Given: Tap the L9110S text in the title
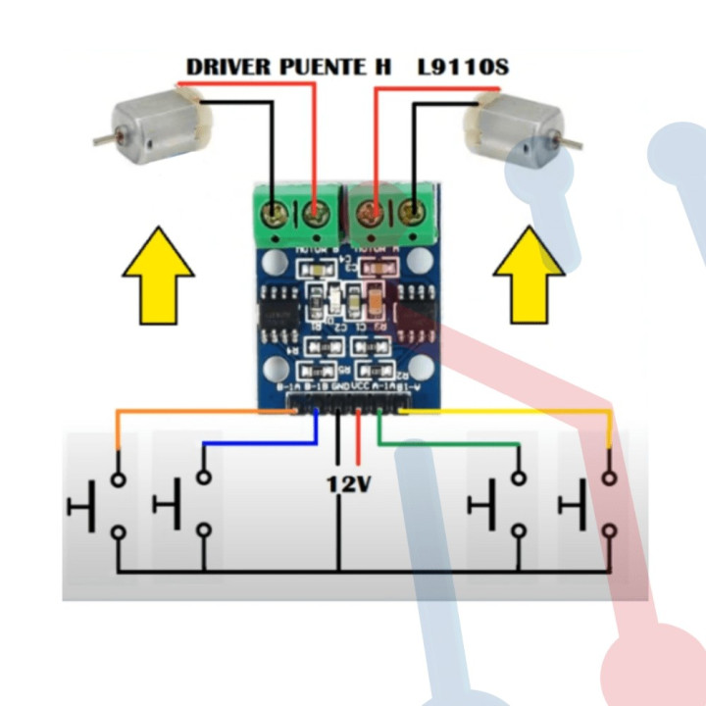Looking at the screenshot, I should [x=463, y=68].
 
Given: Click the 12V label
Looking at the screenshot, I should [x=348, y=484].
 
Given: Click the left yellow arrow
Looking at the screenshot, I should [x=158, y=275].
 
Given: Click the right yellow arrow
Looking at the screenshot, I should [x=529, y=275].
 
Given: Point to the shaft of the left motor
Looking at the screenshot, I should [x=102, y=140].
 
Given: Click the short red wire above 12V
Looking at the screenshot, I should [x=359, y=440].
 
